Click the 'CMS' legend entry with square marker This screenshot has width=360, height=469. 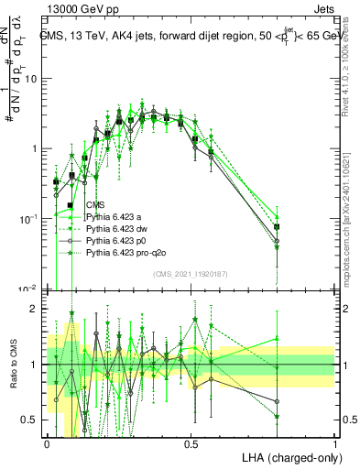click(95, 204)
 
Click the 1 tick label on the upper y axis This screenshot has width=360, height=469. click(36, 148)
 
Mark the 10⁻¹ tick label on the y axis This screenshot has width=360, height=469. click(30, 219)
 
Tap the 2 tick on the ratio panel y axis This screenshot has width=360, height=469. click(36, 309)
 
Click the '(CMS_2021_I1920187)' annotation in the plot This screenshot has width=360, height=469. click(191, 273)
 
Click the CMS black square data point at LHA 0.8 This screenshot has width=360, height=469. click(278, 226)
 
